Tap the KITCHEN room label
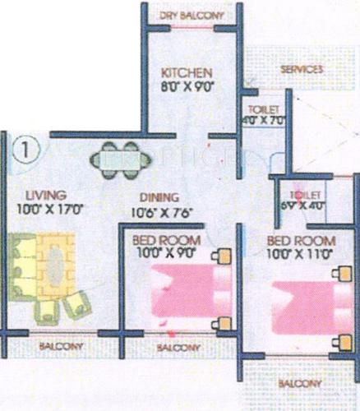tap(187, 72)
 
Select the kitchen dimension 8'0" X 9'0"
tap(187, 85)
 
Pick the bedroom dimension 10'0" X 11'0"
tap(299, 254)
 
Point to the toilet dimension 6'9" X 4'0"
tap(304, 206)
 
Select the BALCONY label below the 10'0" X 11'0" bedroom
tap(298, 384)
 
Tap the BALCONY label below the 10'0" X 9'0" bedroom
tap(175, 348)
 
